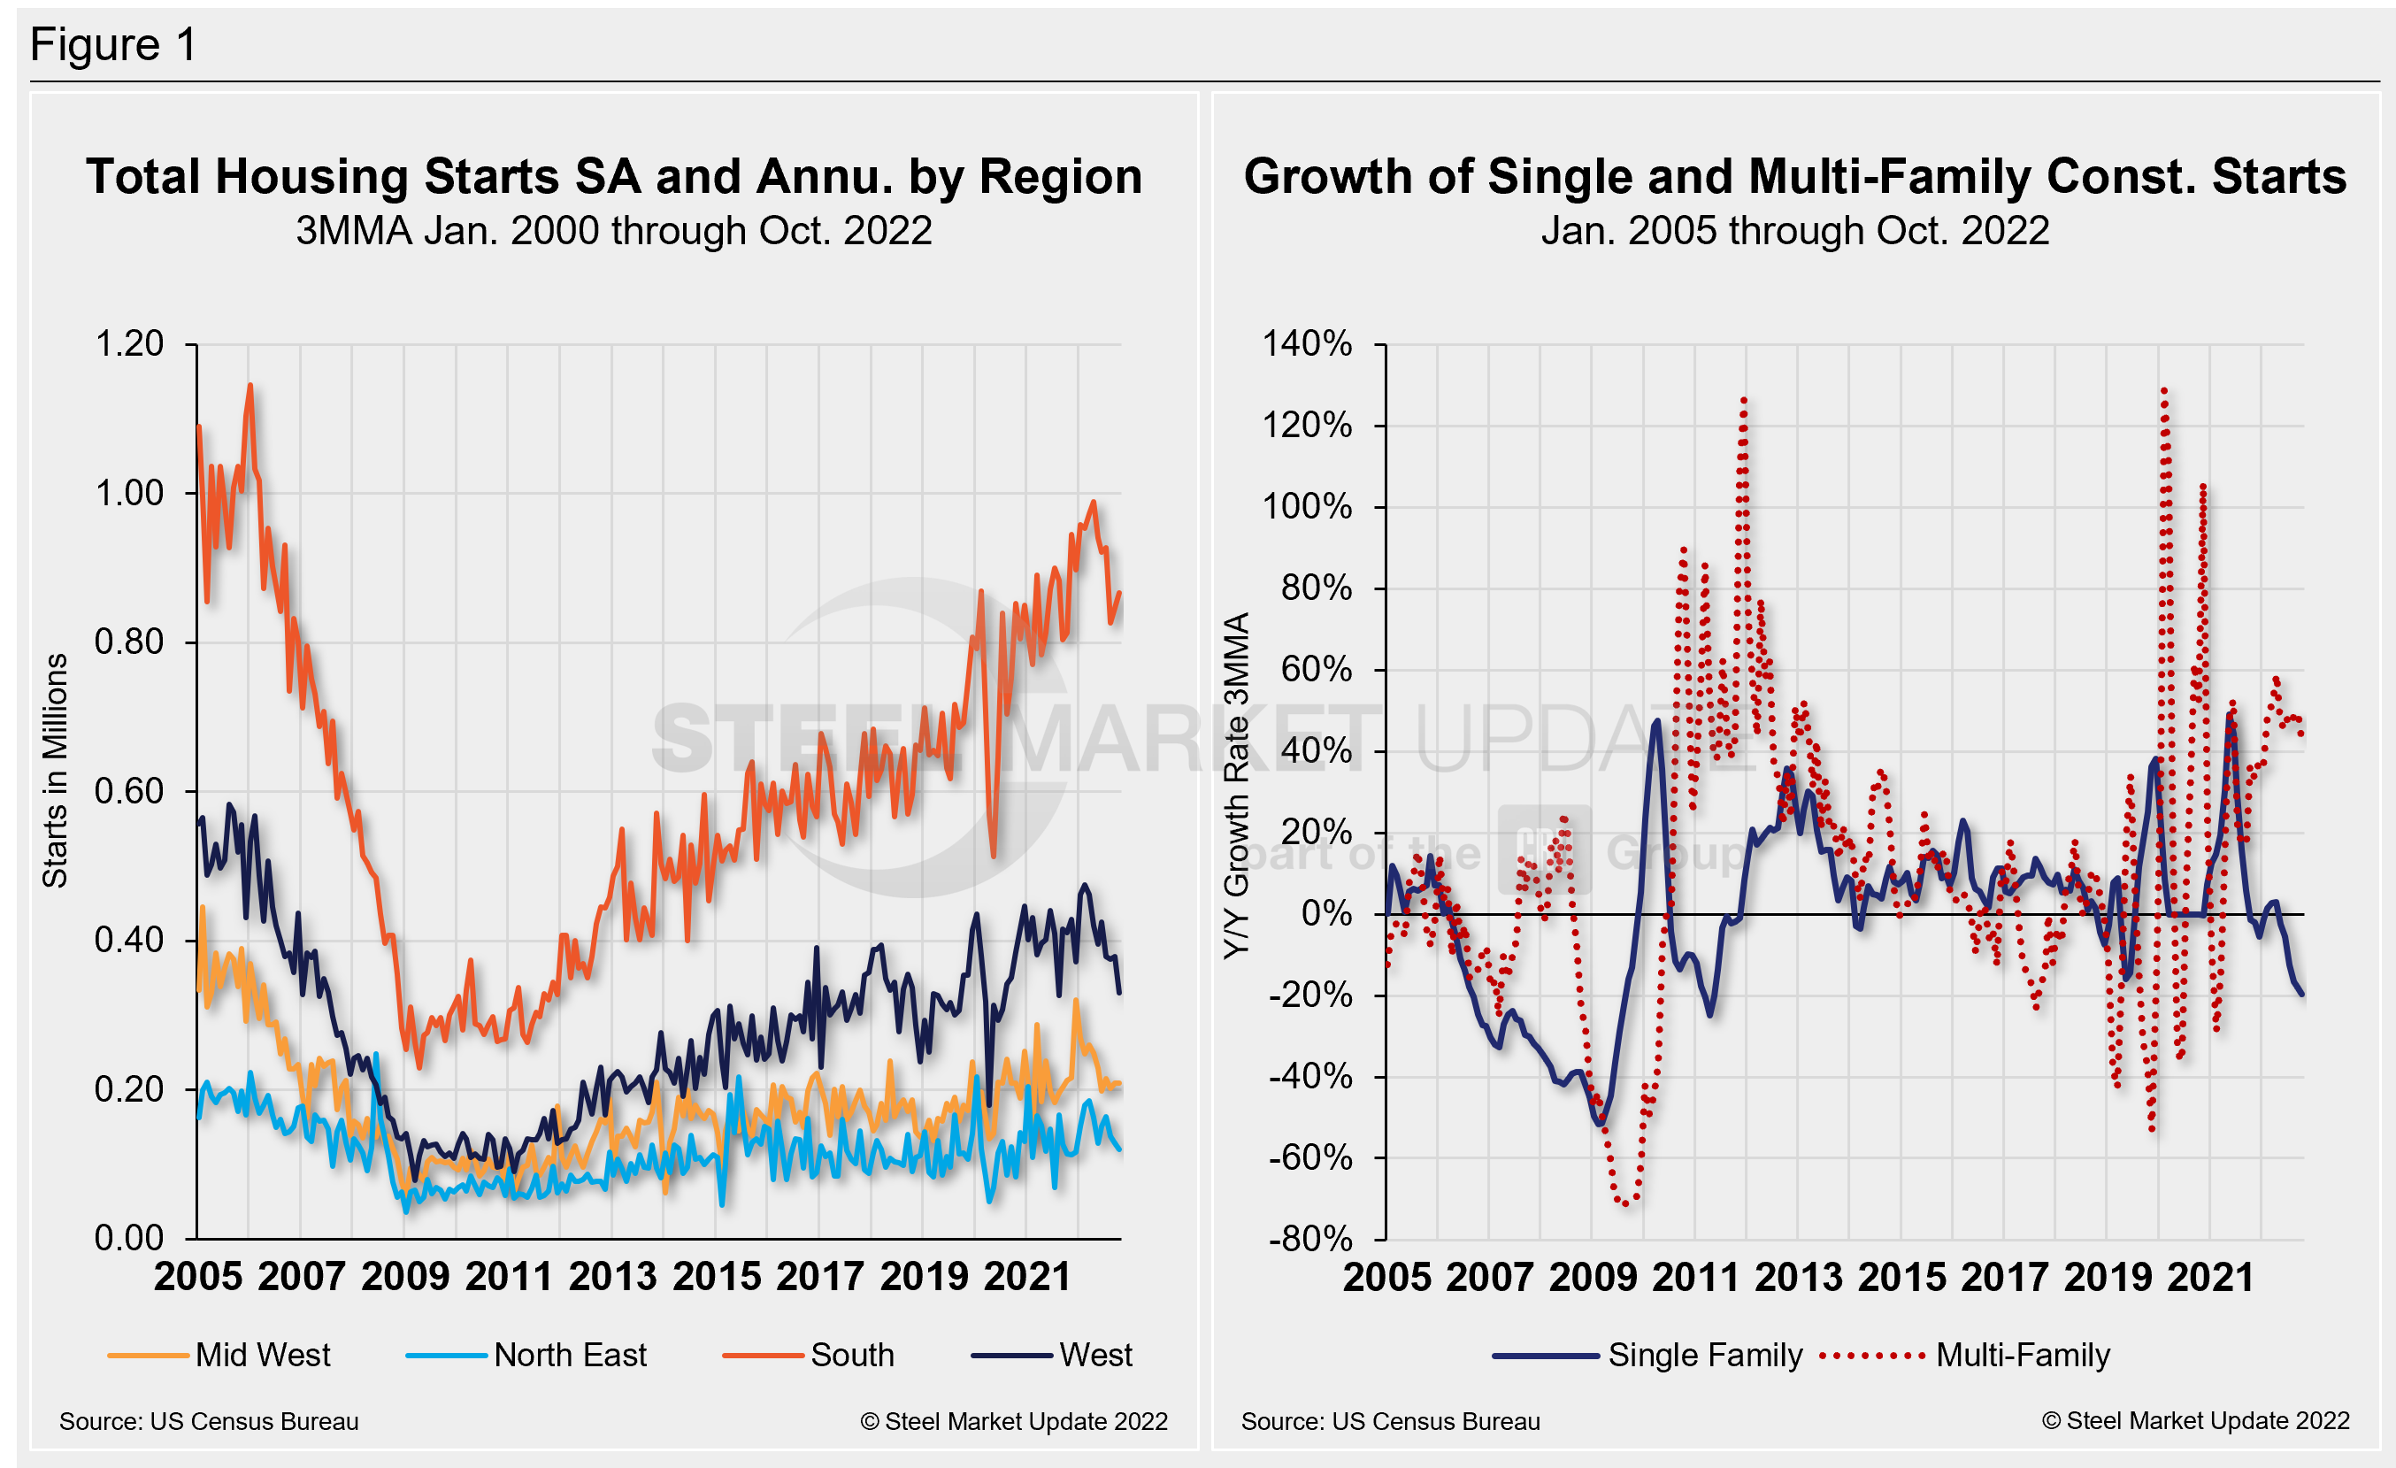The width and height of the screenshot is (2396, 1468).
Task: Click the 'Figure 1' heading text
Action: coord(114,45)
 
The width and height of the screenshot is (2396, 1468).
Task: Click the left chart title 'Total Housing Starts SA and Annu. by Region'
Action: coord(613,177)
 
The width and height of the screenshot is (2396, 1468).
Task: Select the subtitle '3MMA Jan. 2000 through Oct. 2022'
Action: coord(613,231)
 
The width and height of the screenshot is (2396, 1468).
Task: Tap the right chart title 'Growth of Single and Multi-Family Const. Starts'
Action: coord(1794,177)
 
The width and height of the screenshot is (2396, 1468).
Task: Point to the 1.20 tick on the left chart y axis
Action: coord(129,344)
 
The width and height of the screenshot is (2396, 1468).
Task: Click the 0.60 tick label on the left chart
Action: coord(129,791)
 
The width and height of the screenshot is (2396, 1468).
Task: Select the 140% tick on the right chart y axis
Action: coord(1307,344)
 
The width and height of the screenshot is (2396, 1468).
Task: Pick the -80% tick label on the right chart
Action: coord(1309,1239)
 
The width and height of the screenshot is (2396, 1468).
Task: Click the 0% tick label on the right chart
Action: coord(1325,914)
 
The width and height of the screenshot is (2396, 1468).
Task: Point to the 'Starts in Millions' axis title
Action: coord(56,770)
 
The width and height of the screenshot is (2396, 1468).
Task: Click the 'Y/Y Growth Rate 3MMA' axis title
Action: coord(1235,786)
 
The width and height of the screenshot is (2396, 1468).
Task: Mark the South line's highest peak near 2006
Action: coord(250,386)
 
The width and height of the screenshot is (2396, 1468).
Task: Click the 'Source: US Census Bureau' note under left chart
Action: coord(209,1421)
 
